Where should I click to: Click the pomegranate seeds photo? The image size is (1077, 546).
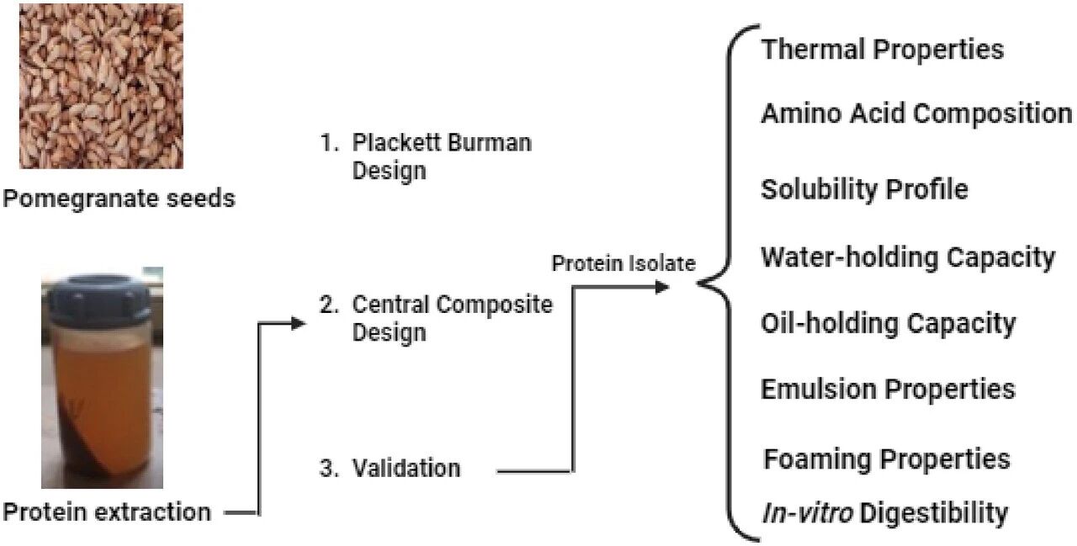101,86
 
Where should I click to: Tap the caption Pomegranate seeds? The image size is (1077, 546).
119,199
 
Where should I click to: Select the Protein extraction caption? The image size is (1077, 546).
107,511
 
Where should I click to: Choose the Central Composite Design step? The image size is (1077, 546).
436,317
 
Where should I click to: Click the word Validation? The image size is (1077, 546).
406,468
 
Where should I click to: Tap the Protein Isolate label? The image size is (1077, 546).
623,263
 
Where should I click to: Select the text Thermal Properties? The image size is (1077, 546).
882,49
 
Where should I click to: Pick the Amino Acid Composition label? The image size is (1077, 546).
915,113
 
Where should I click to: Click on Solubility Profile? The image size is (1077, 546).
864,189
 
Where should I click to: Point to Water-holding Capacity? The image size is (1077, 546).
907,257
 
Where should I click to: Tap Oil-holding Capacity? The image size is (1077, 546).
888,323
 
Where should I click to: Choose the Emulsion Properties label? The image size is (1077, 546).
888,389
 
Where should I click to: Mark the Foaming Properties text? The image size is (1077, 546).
886,459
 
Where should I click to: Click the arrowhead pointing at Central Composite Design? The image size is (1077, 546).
296,323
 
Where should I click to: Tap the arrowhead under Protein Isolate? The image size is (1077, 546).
662,287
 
